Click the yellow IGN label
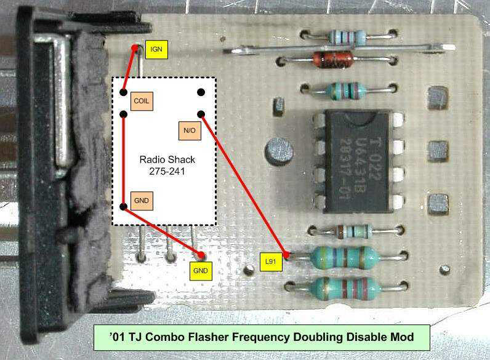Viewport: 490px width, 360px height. (156, 49)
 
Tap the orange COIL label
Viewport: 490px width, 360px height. (142, 100)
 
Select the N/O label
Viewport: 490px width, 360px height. (188, 130)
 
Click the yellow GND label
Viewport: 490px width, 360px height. (201, 270)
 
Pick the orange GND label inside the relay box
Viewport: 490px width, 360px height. (141, 201)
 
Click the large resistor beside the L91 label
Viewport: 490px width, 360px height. (344, 258)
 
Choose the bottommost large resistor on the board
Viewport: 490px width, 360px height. (345, 287)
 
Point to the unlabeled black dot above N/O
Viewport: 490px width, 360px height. (201, 92)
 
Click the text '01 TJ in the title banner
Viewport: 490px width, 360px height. (127, 337)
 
